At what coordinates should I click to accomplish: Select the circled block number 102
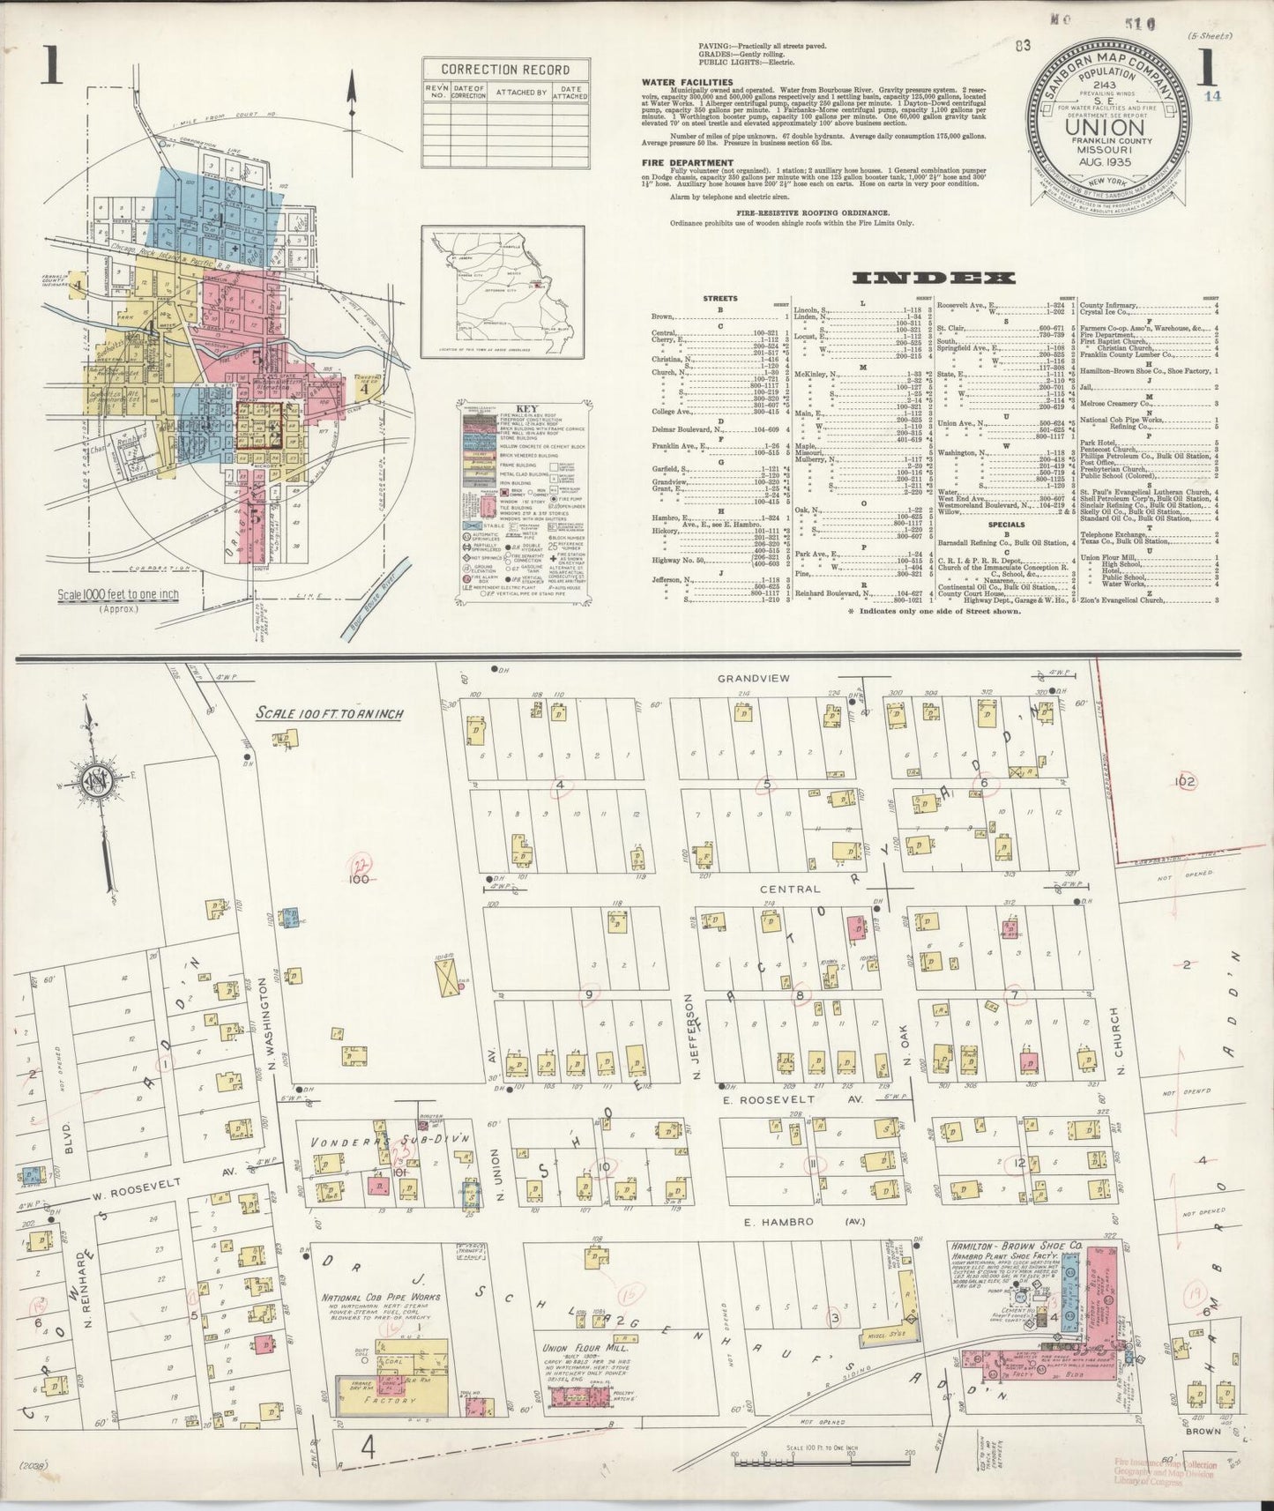(1183, 782)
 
